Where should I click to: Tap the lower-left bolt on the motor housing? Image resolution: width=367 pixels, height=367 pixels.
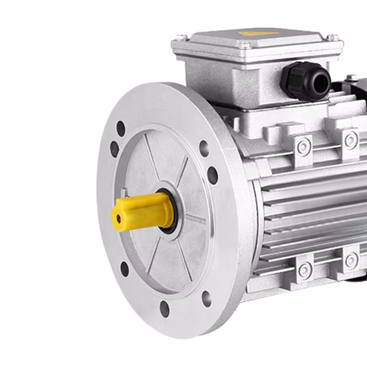(x=305, y=270)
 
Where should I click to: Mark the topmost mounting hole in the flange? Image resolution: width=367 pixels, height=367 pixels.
(x=121, y=127)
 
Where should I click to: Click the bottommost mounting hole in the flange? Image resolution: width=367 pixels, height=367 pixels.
(x=164, y=308)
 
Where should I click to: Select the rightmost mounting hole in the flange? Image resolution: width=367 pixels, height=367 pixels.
(x=212, y=175)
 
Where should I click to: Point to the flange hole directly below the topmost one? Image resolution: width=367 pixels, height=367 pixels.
(x=114, y=149)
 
